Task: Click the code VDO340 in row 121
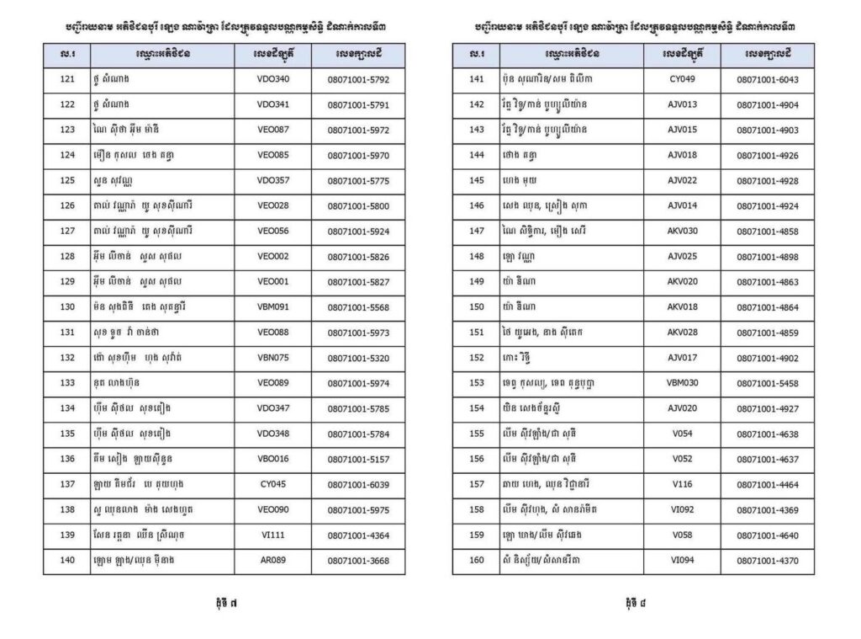coord(273,80)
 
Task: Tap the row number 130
coord(67,307)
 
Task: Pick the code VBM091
coord(273,307)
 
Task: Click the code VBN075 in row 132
coord(273,358)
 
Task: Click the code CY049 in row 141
coord(682,80)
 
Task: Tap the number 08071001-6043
coord(767,80)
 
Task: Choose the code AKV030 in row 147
coord(682,232)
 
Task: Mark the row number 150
coord(477,307)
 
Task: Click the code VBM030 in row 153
coord(682,383)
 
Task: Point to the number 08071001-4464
coord(767,484)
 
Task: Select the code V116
coord(682,484)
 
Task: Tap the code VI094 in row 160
coord(682,560)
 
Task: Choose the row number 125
coord(67,181)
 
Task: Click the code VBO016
coord(273,459)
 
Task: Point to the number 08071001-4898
coord(767,257)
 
